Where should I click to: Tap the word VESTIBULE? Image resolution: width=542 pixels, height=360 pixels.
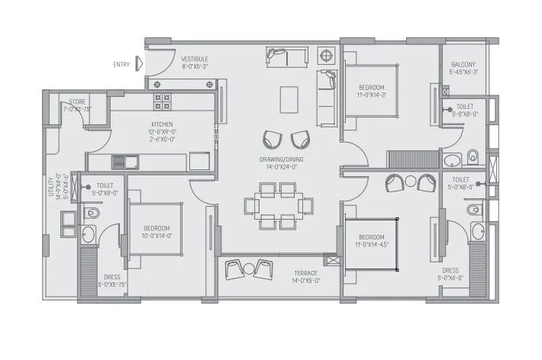[x=195, y=59]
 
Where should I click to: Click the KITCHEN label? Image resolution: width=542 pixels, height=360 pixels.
[x=162, y=124]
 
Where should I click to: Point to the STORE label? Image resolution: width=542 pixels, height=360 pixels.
[x=76, y=101]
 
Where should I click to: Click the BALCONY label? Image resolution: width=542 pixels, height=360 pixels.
[x=463, y=65]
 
